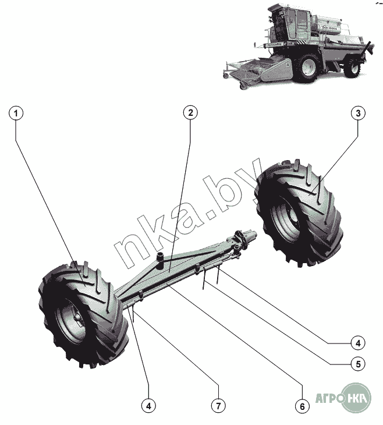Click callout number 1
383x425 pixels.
coord(17,113)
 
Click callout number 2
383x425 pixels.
coord(189,113)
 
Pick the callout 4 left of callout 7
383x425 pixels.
coord(149,405)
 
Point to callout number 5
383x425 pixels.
coord(357,364)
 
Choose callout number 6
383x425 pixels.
coord(301,405)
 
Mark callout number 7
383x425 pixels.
coord(218,405)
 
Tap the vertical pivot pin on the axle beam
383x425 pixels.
coord(158,258)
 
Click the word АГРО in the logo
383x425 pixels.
coord(328,399)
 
